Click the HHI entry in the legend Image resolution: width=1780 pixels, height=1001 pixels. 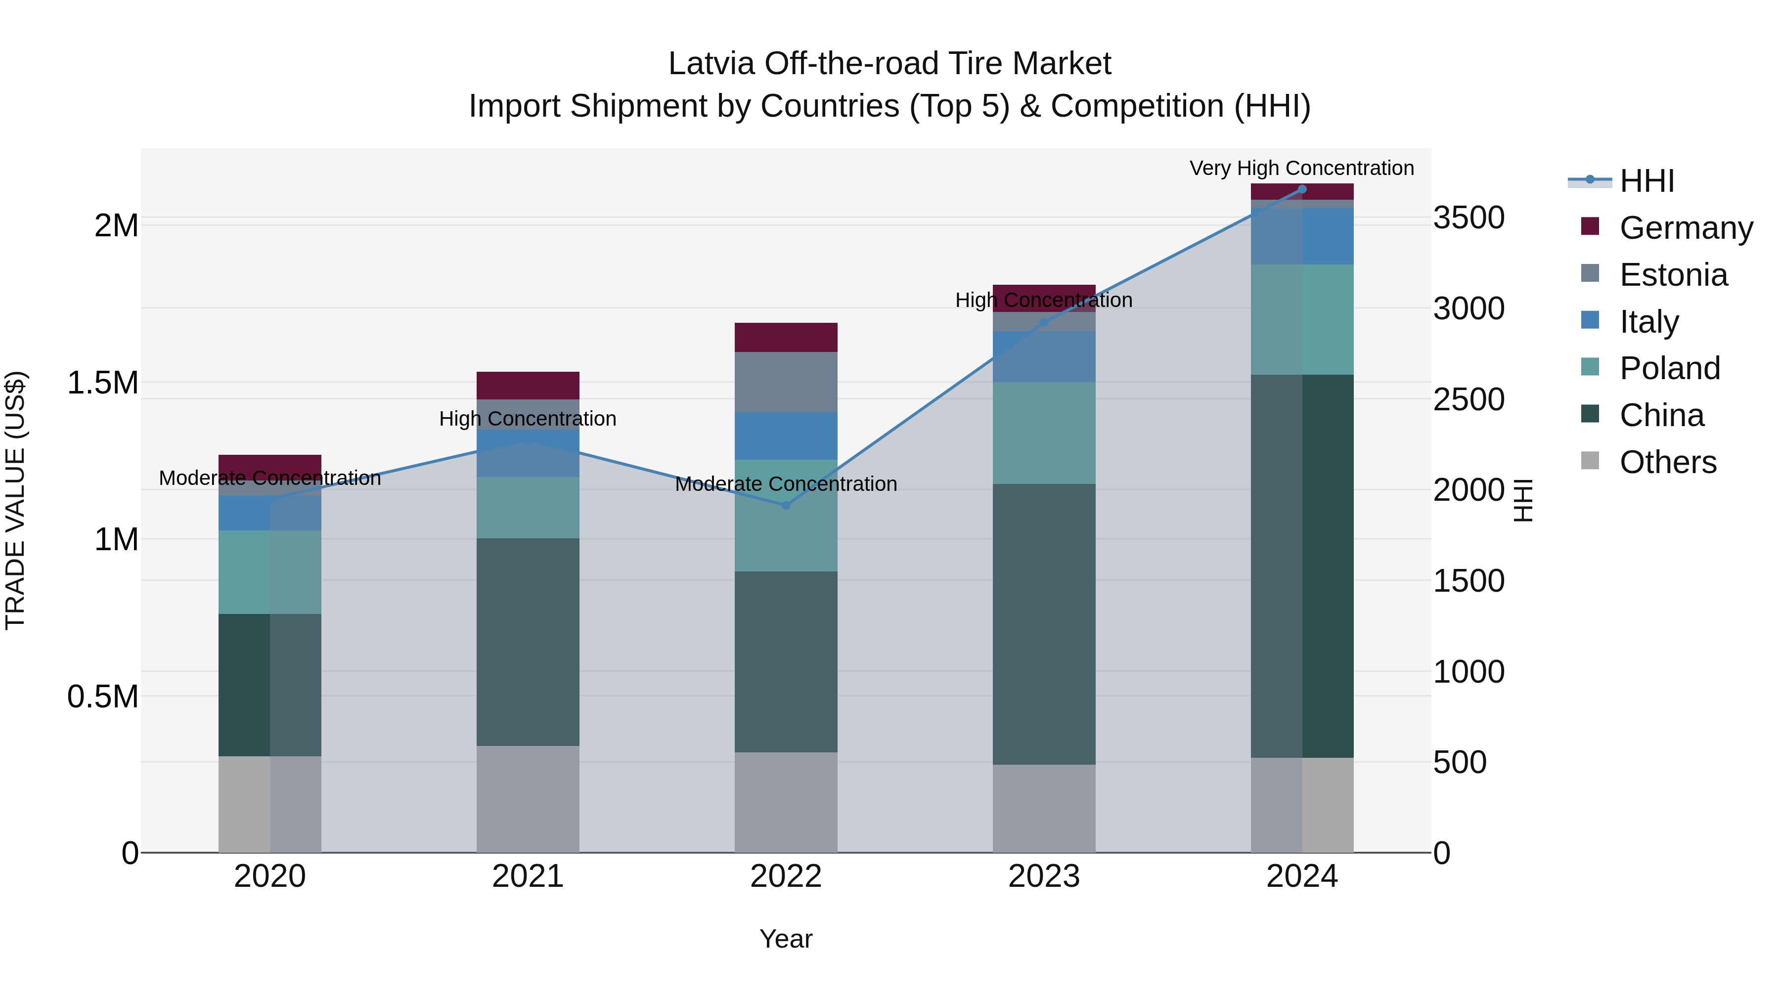pos(1646,181)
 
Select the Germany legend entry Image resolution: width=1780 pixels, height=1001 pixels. pos(1686,228)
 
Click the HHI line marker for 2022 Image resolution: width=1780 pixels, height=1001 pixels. pos(786,505)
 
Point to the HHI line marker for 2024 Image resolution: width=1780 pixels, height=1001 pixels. pos(1302,189)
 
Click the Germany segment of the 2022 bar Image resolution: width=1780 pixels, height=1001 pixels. pos(786,337)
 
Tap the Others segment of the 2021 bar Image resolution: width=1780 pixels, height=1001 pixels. pos(528,799)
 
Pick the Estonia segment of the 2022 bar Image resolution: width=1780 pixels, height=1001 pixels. pos(786,382)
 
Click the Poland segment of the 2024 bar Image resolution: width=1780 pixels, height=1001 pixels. pos(1302,319)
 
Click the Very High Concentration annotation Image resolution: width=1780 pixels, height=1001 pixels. pos(1301,169)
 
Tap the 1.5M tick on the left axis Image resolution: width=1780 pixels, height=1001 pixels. pos(103,383)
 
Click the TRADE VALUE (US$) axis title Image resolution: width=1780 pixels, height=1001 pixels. pos(15,500)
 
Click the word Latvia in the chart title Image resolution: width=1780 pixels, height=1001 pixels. pos(711,64)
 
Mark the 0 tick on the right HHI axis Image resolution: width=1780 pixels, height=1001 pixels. pos(1442,853)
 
